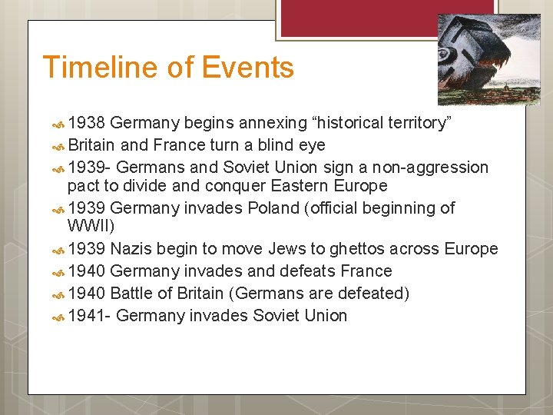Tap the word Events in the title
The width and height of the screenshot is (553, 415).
[x=248, y=68]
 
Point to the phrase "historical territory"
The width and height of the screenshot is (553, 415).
[x=374, y=123]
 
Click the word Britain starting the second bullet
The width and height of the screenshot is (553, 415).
[x=91, y=145]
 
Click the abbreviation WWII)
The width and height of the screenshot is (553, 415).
[x=91, y=226]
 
